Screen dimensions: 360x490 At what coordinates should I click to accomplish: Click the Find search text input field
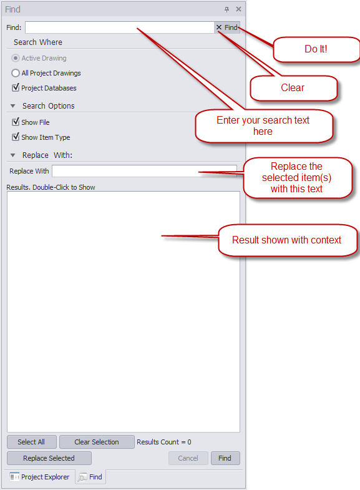[x=120, y=27]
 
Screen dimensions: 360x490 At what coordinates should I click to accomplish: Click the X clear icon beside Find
[x=219, y=27]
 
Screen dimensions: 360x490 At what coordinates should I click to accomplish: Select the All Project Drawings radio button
[x=16, y=73]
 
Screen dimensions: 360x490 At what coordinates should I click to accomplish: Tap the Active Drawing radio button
[x=16, y=58]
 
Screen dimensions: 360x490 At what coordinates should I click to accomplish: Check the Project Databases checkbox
[x=16, y=88]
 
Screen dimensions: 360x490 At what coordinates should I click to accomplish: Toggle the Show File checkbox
[x=16, y=122]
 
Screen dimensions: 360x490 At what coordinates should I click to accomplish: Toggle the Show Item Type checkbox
[x=16, y=137]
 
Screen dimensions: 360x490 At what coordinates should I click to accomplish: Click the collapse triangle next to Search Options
[x=13, y=106]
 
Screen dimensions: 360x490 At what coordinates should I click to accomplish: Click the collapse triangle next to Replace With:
[x=13, y=155]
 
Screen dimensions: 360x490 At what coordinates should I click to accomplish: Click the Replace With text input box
[x=144, y=171]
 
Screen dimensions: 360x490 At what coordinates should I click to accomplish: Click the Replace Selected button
[x=49, y=458]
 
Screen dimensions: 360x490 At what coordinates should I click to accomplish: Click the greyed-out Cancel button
[x=188, y=458]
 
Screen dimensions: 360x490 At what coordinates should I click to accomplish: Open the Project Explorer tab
[x=40, y=477]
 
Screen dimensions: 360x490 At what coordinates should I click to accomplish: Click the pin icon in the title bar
[x=226, y=9]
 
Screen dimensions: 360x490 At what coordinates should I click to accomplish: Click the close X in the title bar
[x=238, y=9]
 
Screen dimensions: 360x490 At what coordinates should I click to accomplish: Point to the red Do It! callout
[x=316, y=49]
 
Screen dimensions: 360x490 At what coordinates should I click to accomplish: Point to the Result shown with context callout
[x=287, y=240]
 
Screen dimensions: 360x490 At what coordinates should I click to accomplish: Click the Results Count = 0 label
[x=164, y=442]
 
